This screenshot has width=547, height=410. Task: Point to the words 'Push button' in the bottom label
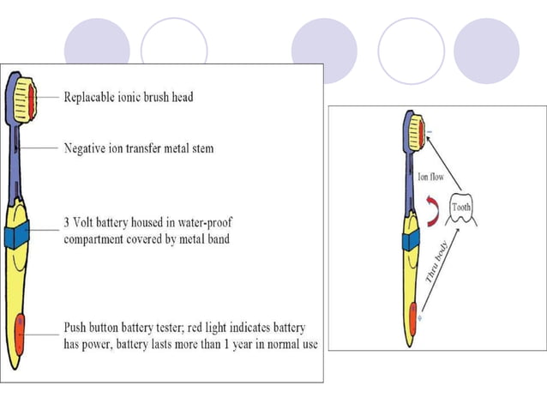pos(97,329)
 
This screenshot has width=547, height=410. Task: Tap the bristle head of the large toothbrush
pos(24,95)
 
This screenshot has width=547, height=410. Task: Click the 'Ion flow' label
pos(430,178)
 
